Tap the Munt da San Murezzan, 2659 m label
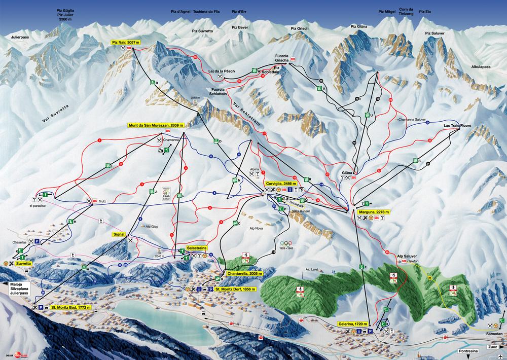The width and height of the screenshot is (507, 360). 156,125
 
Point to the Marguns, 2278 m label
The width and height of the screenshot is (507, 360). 373,212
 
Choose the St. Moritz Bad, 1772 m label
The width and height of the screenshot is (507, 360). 70,307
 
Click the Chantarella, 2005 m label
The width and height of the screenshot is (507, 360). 245,273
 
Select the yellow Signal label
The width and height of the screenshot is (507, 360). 119,234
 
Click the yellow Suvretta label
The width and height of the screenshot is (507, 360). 23,264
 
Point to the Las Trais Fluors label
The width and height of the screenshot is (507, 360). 458,125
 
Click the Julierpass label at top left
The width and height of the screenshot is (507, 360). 20,37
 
